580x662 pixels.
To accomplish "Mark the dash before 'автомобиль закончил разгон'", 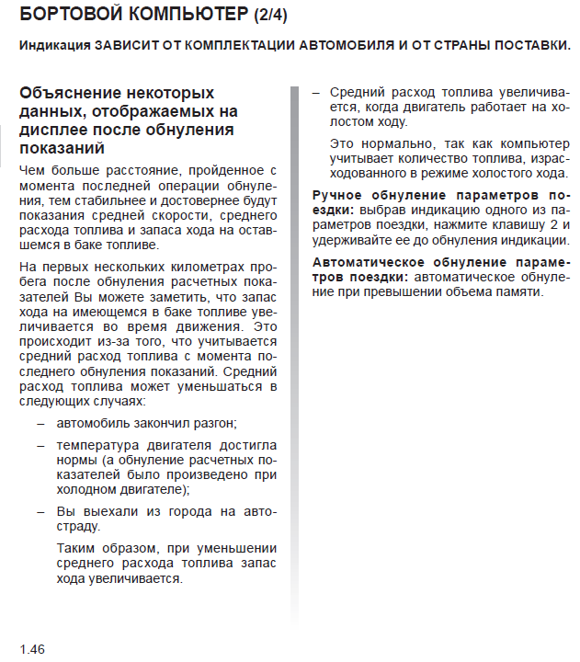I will [x=40, y=423].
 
